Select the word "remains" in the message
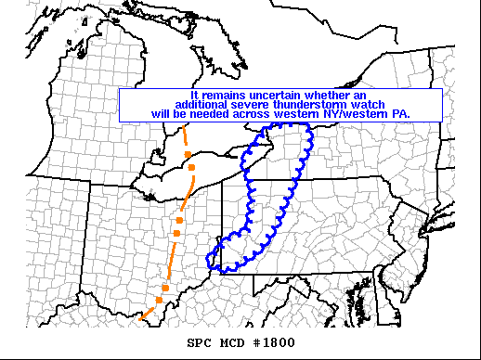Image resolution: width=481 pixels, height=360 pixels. (x=224, y=95)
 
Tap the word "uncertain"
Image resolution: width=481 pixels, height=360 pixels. (x=275, y=95)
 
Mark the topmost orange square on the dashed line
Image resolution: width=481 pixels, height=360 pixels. (x=187, y=153)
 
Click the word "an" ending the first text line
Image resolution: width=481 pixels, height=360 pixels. (x=360, y=95)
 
